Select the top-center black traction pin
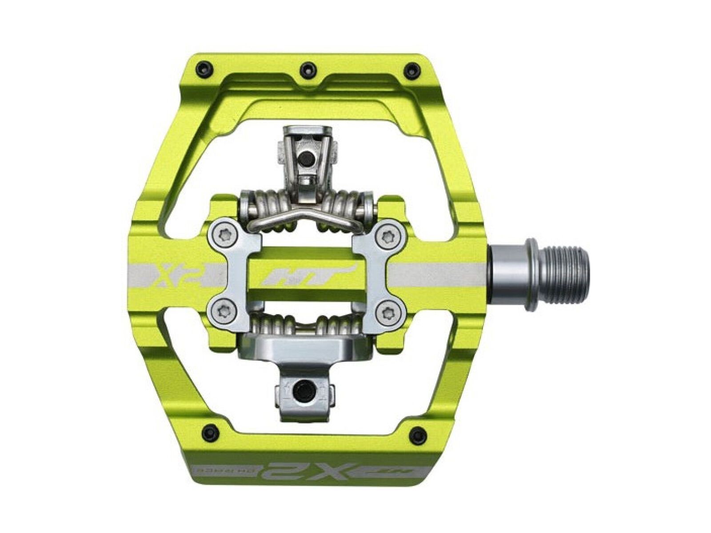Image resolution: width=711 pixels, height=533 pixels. coord(306,68)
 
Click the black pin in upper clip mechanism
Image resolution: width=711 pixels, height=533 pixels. coord(306,158)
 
